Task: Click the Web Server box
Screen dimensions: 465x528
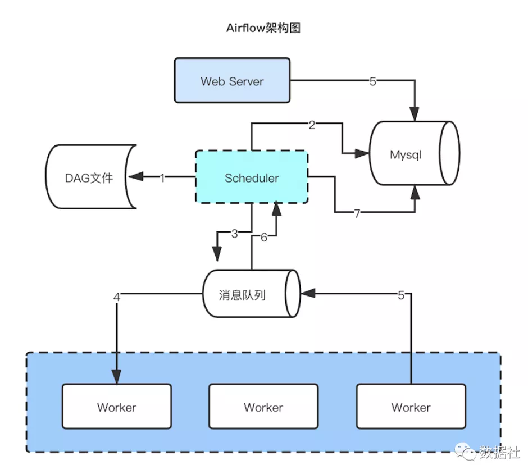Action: click(232, 80)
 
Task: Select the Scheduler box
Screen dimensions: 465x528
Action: click(252, 177)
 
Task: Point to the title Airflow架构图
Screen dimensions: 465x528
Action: click(263, 28)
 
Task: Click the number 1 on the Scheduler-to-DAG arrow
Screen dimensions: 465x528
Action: click(162, 178)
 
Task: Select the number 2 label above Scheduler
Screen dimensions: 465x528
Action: click(312, 125)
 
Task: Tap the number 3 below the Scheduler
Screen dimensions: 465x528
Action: click(235, 234)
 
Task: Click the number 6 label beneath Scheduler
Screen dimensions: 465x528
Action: click(263, 237)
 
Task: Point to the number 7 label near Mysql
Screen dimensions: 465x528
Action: click(357, 212)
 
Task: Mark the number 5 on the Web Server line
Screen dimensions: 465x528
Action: click(372, 81)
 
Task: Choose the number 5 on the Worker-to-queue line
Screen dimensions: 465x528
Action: click(401, 296)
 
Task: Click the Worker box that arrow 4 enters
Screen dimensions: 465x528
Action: click(116, 407)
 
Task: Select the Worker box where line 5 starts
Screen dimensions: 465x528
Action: click(411, 407)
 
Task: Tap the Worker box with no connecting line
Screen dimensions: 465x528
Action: click(263, 407)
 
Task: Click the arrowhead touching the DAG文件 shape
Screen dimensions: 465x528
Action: click(134, 177)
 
